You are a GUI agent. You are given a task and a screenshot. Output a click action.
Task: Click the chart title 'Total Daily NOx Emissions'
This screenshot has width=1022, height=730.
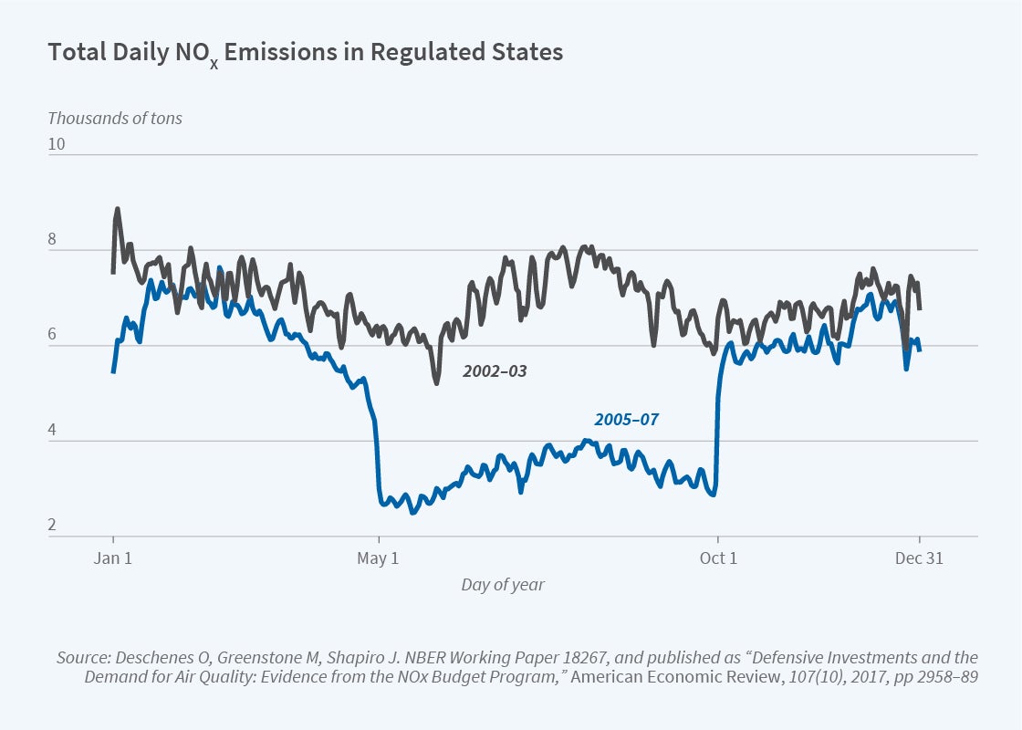pos(305,53)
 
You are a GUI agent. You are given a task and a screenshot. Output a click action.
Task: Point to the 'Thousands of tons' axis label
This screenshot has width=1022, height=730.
pos(114,118)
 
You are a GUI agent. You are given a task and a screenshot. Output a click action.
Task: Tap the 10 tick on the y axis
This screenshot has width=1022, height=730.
pos(57,144)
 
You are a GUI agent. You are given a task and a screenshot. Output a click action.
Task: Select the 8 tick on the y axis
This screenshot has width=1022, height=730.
pos(53,240)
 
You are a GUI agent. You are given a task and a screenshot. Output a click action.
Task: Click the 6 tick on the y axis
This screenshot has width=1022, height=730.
pos(53,335)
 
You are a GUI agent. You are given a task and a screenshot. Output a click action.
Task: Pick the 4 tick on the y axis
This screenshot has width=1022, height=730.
pos(53,431)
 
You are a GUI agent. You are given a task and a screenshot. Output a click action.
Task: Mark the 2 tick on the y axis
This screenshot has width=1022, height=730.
pos(53,526)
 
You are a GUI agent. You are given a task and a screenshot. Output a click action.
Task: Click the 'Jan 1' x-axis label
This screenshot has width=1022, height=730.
pos(113,558)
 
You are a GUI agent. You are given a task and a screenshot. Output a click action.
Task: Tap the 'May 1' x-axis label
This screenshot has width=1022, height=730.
pos(378,558)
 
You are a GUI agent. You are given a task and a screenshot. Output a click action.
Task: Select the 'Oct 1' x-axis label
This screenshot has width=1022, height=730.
pos(718,558)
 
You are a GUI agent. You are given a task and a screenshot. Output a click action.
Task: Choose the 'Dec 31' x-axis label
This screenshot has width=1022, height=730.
pos(919,558)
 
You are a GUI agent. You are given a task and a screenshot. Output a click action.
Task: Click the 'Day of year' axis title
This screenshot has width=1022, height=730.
pos(502,585)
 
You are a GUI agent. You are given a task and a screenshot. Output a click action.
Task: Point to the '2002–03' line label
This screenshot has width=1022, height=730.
pos(495,371)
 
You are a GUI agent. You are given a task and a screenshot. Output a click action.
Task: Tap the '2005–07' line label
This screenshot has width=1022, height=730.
pos(626,420)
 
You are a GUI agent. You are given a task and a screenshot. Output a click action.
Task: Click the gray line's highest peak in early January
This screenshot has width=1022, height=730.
pos(117,209)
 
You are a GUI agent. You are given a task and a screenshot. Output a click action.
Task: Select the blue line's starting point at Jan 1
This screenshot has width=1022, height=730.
pos(113,371)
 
